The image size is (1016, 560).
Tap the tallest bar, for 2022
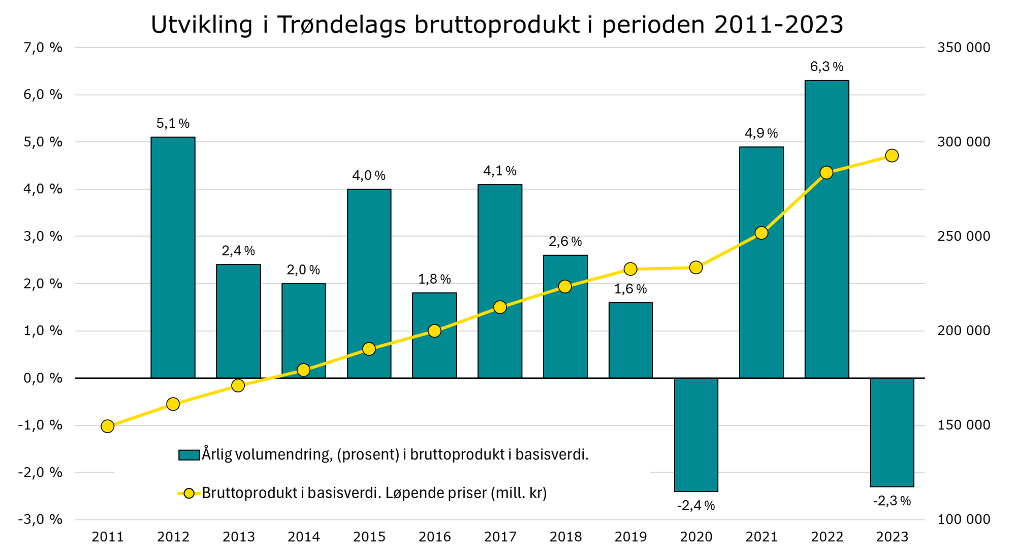pos(827,229)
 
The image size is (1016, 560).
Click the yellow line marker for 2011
pos(107,426)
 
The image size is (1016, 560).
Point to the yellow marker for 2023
pos(892,155)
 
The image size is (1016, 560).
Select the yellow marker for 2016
pos(434,331)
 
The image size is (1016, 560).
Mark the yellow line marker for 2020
pos(696,268)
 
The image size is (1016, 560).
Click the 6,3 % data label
pos(827,67)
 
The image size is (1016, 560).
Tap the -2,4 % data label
pos(696,506)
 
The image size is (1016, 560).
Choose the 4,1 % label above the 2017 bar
pos(499,171)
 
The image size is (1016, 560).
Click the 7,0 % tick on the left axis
pos(43,48)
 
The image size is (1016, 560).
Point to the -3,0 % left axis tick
pos(40,519)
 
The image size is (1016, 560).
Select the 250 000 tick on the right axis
pos(963,236)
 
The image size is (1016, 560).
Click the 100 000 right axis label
pos(963,519)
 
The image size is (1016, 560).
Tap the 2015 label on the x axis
pos(369,537)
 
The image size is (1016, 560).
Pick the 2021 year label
pos(761,537)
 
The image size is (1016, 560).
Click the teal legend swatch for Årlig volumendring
pos(188,455)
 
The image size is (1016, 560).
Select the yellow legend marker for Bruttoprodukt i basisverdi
pos(188,493)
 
